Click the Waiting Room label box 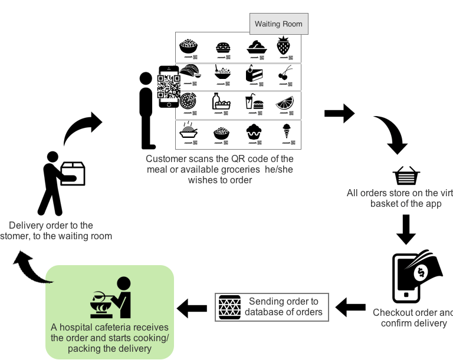click(x=278, y=24)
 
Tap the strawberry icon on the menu click(x=284, y=45)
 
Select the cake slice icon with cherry click(x=254, y=73)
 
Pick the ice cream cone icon click(x=287, y=130)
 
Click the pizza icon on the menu click(x=188, y=101)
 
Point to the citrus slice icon click(x=285, y=103)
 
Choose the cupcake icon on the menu click(x=254, y=131)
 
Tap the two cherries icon click(x=284, y=74)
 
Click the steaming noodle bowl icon click(x=188, y=131)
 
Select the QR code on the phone click(x=169, y=87)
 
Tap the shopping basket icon click(x=406, y=176)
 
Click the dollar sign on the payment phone click(x=423, y=272)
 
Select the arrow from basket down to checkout click(x=406, y=229)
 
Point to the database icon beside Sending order click(x=229, y=307)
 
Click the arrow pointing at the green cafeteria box click(x=192, y=308)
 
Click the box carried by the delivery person click(x=73, y=174)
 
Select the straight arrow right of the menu click(x=339, y=113)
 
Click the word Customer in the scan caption click(x=166, y=159)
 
